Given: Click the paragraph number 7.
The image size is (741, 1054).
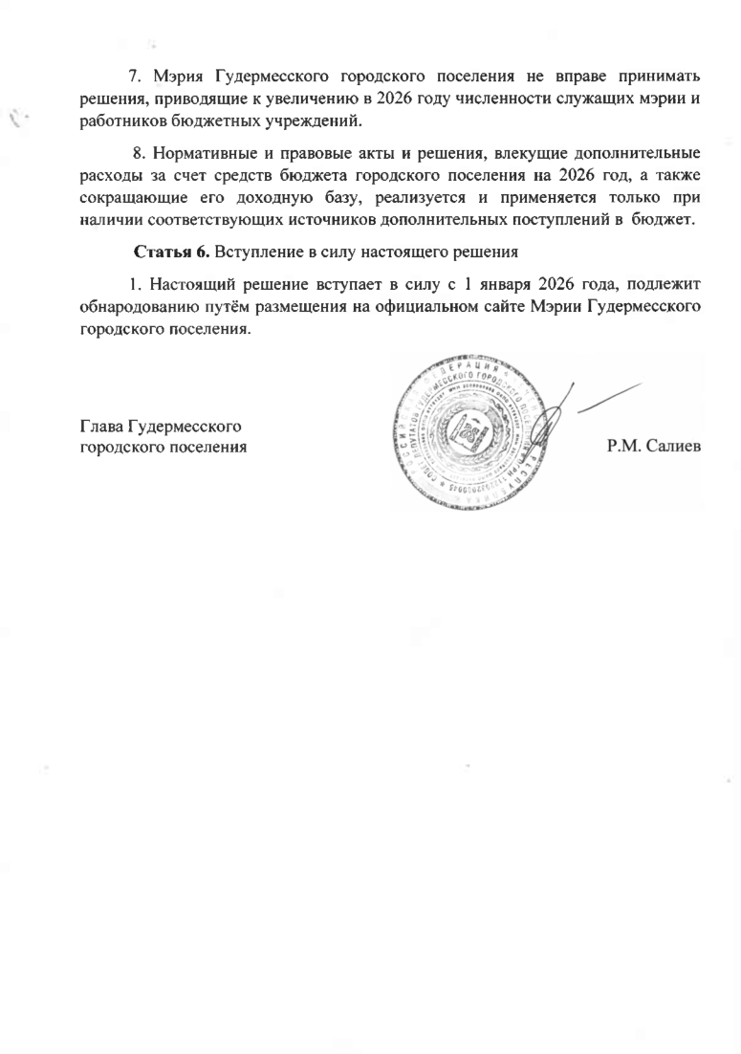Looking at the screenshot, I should [x=134, y=76].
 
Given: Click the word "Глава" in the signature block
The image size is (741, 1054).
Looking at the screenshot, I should [x=98, y=426].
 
